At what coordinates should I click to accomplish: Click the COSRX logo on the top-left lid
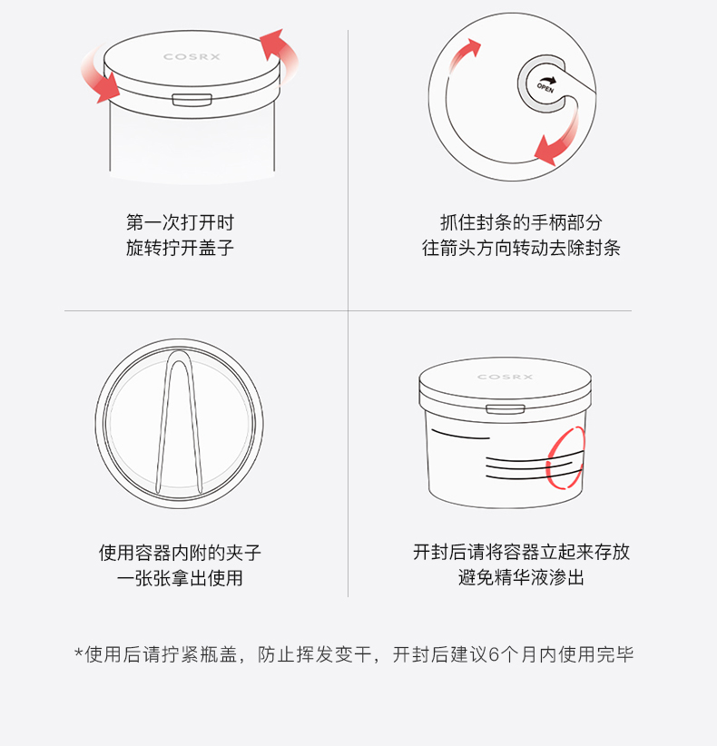192,56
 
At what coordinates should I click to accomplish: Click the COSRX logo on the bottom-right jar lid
505,377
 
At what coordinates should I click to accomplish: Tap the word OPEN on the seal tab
545,87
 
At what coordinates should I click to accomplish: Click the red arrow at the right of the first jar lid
280,53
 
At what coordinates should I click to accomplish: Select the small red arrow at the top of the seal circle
463,54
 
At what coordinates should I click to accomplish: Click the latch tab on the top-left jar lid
192,100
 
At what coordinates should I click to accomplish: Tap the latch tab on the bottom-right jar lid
506,409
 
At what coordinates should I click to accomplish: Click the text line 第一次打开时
180,222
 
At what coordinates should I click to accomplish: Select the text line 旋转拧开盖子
180,248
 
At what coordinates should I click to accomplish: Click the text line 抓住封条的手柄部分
521,222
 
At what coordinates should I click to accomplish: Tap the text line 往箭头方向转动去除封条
521,248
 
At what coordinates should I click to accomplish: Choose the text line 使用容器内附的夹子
180,553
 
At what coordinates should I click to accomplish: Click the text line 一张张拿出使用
180,577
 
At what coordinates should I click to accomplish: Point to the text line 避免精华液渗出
521,577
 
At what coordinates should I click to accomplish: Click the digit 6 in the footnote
494,655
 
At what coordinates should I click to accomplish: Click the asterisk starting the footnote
78,652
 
